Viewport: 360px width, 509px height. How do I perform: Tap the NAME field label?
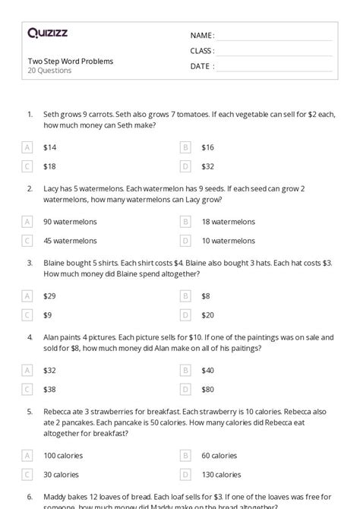pyautogui.click(x=202, y=36)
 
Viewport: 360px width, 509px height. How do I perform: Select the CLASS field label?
pyautogui.click(x=202, y=51)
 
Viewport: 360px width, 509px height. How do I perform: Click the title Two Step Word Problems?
pyautogui.click(x=71, y=61)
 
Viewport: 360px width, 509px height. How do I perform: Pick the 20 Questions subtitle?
pyautogui.click(x=49, y=71)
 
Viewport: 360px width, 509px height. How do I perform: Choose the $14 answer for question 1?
pyautogui.click(x=49, y=147)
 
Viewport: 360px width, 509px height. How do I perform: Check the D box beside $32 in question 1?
pyautogui.click(x=185, y=166)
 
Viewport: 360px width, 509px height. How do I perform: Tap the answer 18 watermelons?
pyautogui.click(x=228, y=222)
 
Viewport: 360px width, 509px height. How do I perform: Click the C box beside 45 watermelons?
pyautogui.click(x=27, y=241)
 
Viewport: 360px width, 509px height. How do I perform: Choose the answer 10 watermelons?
pyautogui.click(x=228, y=241)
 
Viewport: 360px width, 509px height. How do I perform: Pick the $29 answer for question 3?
pyautogui.click(x=49, y=296)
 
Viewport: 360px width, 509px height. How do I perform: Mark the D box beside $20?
pyautogui.click(x=185, y=315)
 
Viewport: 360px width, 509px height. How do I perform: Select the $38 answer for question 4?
pyautogui.click(x=49, y=389)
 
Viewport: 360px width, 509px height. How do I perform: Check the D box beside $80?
pyautogui.click(x=185, y=389)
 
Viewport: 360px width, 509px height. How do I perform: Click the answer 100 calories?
pyautogui.click(x=63, y=456)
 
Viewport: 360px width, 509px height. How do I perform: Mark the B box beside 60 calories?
pyautogui.click(x=185, y=456)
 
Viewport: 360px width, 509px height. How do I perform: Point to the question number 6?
pyautogui.click(x=30, y=497)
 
